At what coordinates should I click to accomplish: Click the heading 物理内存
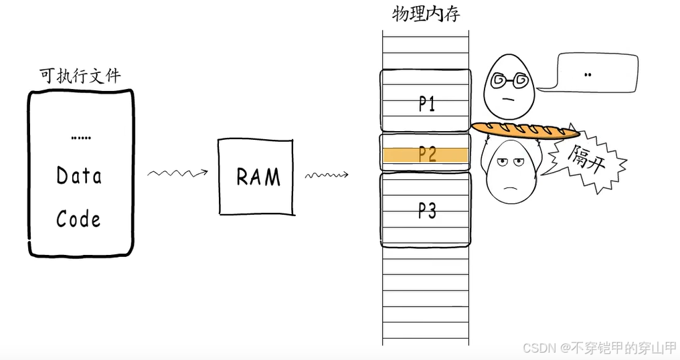pyautogui.click(x=426, y=14)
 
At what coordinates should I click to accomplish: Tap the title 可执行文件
pyautogui.click(x=80, y=76)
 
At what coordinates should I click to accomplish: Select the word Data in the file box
pyautogui.click(x=79, y=176)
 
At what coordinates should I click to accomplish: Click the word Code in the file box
pyautogui.click(x=78, y=219)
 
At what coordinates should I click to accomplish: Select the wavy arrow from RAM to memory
pyautogui.click(x=327, y=176)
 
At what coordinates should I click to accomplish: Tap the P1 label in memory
pyautogui.click(x=427, y=104)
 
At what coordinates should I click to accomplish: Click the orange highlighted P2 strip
pyautogui.click(x=425, y=155)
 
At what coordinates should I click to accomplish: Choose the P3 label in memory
pyautogui.click(x=427, y=211)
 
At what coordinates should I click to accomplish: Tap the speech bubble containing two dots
pyautogui.click(x=587, y=74)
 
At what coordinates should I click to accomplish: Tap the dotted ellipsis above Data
pyautogui.click(x=80, y=137)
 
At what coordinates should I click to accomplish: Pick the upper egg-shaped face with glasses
pyautogui.click(x=509, y=87)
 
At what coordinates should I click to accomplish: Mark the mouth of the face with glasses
pyautogui.click(x=509, y=99)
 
